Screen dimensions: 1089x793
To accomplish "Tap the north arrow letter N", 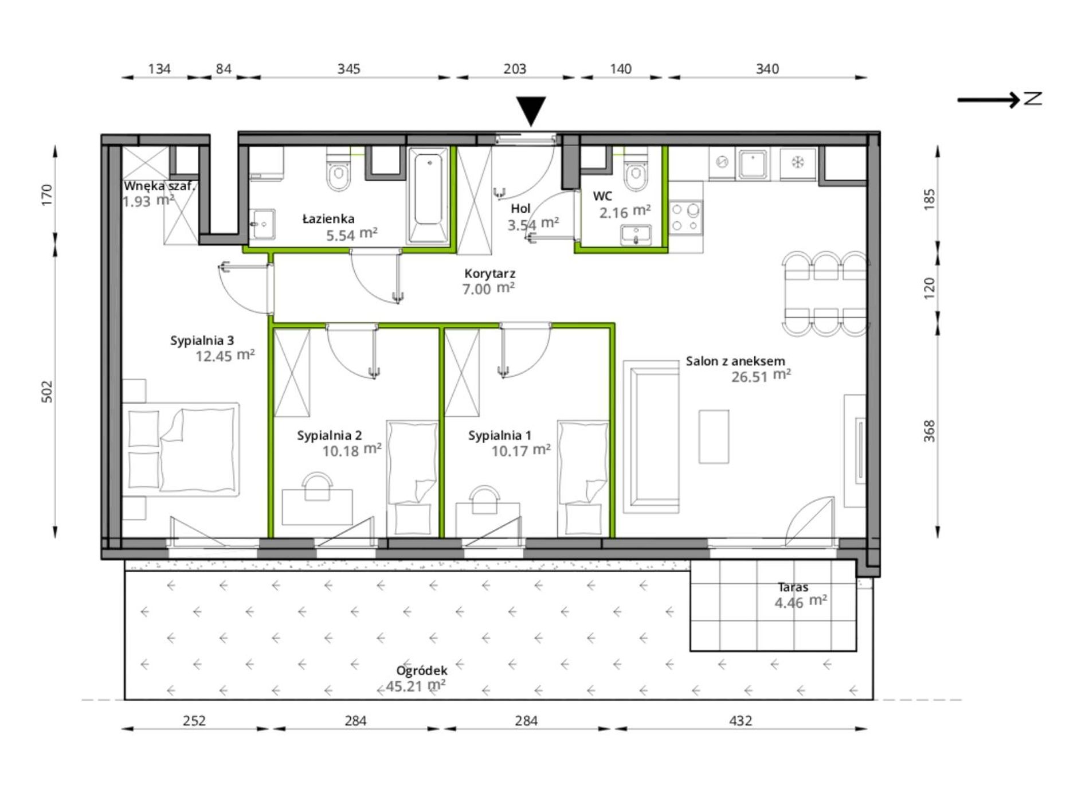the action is coord(1033,99).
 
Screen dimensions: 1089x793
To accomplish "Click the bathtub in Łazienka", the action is coord(428,196).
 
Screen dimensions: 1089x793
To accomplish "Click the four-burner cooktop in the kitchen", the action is coord(685,217).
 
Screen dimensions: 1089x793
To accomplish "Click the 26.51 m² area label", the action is coord(761,376).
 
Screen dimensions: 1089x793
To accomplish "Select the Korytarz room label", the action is coord(489,274).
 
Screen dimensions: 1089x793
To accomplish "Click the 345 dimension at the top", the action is coord(348,69).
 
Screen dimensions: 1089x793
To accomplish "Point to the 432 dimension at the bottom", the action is coord(741,720).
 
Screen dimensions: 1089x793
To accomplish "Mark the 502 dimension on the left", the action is coord(47,392).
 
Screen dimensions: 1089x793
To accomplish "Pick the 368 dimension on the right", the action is coord(929,431).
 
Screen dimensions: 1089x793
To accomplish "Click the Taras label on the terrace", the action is coord(793,587).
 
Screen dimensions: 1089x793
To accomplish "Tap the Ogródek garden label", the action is coord(421,670).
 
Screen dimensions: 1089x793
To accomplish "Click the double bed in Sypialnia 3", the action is coord(181,449).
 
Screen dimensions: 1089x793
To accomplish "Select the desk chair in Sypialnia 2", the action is coord(317,486).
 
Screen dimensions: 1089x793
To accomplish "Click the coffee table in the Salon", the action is coord(714,436).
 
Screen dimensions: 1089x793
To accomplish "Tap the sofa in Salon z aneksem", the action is coord(651,436).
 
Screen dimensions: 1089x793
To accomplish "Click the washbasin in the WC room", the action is coord(636,235).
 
